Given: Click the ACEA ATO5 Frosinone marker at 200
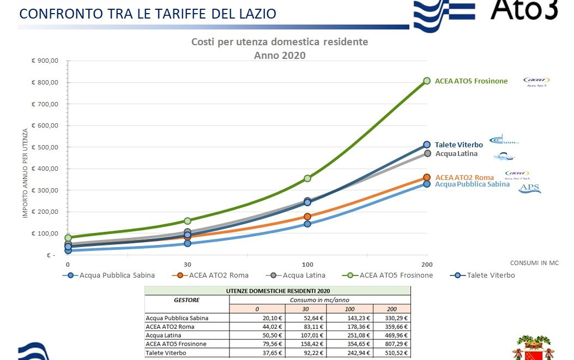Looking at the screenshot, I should pos(427,81).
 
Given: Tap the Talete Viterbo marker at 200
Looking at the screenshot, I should pos(427,145).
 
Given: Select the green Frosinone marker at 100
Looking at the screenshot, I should pos(307,178).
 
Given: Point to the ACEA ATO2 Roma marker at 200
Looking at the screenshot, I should pos(427,177).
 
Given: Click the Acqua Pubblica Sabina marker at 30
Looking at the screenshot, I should pos(188,243).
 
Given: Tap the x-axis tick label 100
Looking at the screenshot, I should pos(307,264).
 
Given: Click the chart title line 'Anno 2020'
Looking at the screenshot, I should pos(280,55).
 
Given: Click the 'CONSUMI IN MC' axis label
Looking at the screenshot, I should pos(534,263).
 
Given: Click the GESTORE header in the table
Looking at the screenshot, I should pos(186,300).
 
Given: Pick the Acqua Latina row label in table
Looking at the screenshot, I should pos(162,335).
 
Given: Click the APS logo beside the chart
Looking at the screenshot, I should pos(530,188).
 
